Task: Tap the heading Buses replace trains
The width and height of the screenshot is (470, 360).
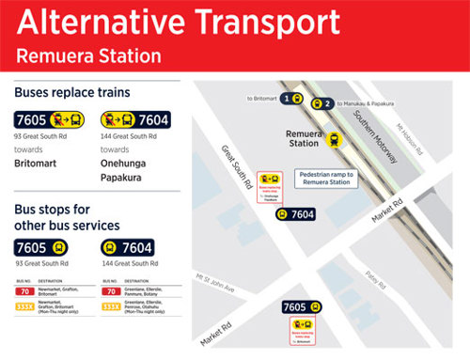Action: pos(71,93)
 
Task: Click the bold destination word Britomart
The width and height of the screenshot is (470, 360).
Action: pos(36,163)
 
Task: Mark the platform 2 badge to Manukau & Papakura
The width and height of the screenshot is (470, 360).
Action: pos(321,104)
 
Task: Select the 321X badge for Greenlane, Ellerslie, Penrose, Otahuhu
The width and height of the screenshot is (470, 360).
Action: pos(108,305)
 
